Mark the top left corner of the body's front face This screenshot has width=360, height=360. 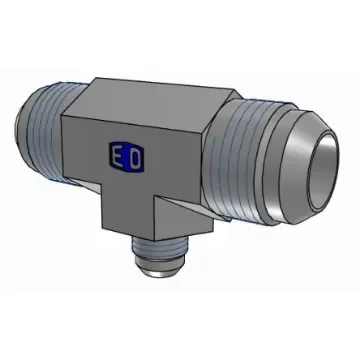pyautogui.click(x=63, y=119)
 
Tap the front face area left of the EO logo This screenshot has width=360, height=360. pyautogui.click(x=85, y=155)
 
